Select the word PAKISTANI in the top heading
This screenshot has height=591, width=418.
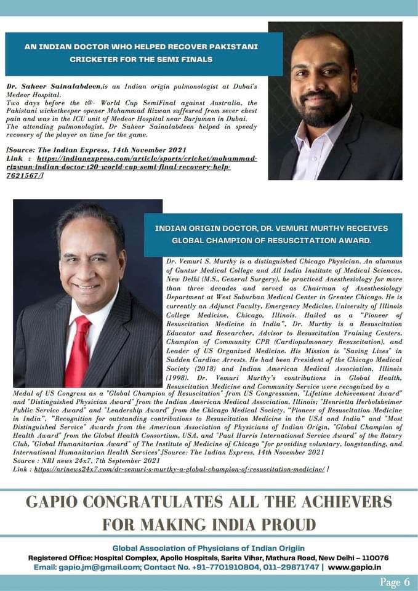pos(235,47)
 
